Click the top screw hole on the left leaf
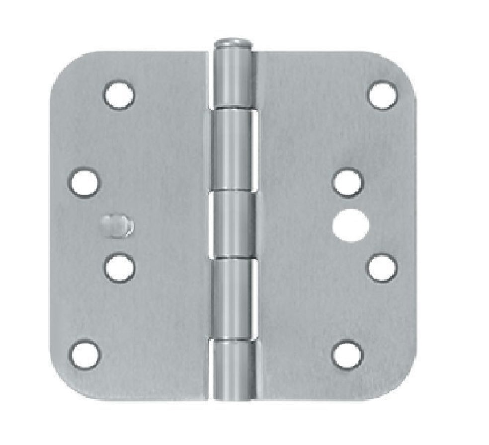click(x=119, y=94)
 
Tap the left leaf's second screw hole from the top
click(x=84, y=182)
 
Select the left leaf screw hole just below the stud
click(x=119, y=268)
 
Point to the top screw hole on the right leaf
click(x=382, y=94)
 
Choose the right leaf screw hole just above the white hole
click(x=347, y=182)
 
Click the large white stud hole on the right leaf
click(x=347, y=225)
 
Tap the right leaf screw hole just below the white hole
click(x=382, y=268)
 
